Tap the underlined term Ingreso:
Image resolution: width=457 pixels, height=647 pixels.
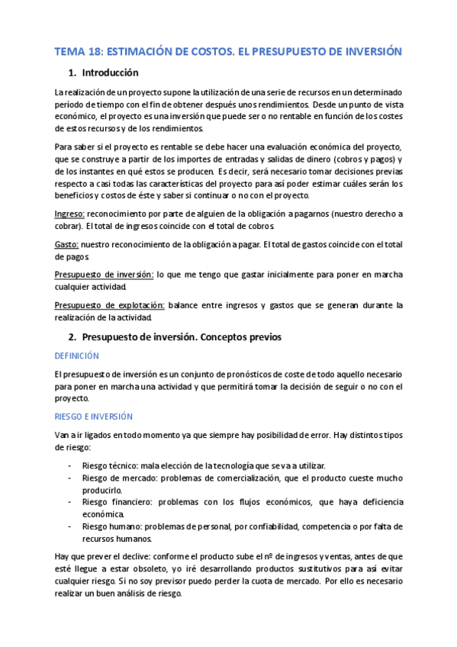pos(70,215)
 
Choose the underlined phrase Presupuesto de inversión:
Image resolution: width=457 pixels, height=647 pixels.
pos(105,274)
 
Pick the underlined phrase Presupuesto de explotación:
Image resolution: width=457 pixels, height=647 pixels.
pos(108,305)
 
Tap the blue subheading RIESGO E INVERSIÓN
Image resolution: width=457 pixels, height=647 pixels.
pos(94,417)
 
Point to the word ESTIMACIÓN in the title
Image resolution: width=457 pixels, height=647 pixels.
pos(142,51)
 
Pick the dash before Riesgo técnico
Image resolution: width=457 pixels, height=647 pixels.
pos(70,465)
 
